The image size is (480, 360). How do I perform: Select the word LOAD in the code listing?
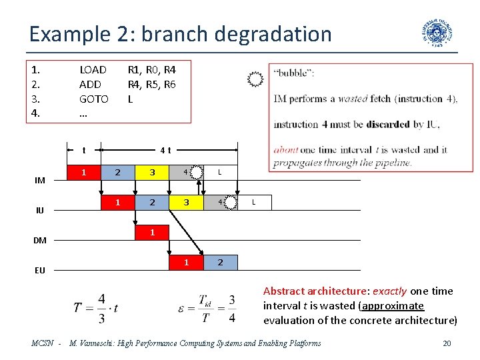tap(93, 69)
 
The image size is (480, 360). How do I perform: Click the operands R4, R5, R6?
tap(151, 84)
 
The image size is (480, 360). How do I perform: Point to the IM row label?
tap(40, 180)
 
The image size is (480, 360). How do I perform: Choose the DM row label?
tap(40, 241)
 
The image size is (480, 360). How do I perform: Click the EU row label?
tap(40, 271)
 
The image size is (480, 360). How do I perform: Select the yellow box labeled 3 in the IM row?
tap(152, 173)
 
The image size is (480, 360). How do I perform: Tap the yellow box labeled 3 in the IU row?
tap(187, 203)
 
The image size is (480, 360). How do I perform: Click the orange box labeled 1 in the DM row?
tap(152, 233)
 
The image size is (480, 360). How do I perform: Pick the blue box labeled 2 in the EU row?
tap(220, 262)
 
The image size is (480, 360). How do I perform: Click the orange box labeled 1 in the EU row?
tap(187, 262)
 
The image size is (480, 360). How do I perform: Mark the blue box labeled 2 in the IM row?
tap(117, 173)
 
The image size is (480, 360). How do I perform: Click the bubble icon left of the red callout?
tap(255, 80)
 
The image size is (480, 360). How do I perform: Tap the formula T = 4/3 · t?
tap(96, 308)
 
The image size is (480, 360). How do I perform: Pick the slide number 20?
tap(446, 343)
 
